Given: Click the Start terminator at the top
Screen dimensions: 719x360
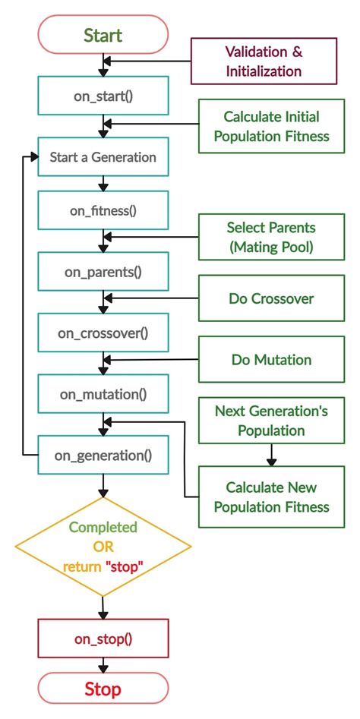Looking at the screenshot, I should (x=103, y=35).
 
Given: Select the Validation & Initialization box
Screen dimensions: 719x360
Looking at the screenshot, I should (x=263, y=61).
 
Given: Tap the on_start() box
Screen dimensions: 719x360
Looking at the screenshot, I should (x=103, y=96).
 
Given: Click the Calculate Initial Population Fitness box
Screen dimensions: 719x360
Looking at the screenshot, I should (x=271, y=127).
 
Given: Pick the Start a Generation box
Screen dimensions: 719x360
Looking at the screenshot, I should (x=103, y=158).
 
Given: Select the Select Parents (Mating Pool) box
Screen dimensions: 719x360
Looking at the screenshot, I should (x=271, y=237).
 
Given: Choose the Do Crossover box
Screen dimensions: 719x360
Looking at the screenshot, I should (x=271, y=298).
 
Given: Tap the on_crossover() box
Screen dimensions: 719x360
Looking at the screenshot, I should (x=103, y=332).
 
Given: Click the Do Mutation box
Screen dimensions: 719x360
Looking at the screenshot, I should (x=271, y=360).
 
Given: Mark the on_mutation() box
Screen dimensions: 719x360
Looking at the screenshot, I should (x=103, y=394).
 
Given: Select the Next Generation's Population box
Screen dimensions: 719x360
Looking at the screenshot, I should (x=271, y=421).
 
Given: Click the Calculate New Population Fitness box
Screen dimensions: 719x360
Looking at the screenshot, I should (x=271, y=497).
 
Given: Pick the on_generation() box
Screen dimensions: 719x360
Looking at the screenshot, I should (x=103, y=456).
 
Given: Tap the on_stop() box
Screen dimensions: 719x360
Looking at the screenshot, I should (x=103, y=639).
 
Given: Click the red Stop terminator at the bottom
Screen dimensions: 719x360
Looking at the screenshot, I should (x=103, y=689).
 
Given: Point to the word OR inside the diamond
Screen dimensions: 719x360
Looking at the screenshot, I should (x=103, y=547).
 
